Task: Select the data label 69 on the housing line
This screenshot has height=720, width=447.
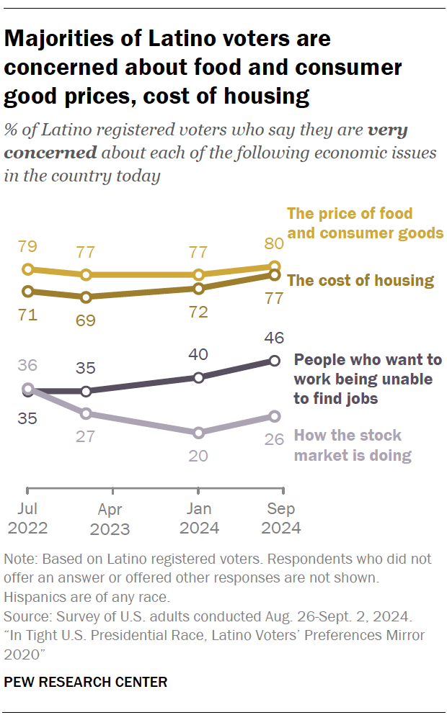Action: click(86, 320)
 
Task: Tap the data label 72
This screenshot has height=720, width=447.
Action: click(198, 312)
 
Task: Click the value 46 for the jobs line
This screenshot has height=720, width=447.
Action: click(274, 338)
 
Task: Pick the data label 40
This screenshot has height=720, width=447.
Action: click(198, 354)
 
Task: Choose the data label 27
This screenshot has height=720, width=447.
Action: click(86, 437)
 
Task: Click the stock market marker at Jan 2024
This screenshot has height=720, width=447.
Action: click(198, 433)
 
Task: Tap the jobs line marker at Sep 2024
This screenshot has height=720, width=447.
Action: click(274, 361)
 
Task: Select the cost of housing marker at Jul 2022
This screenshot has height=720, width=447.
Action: click(28, 292)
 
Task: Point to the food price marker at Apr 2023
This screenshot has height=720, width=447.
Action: click(86, 275)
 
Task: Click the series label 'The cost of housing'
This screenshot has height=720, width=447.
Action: click(360, 281)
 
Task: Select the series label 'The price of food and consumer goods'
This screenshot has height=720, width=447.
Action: click(364, 223)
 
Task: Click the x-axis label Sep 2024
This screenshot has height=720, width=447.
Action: click(280, 518)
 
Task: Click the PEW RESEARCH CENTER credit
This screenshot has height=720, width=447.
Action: click(86, 681)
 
